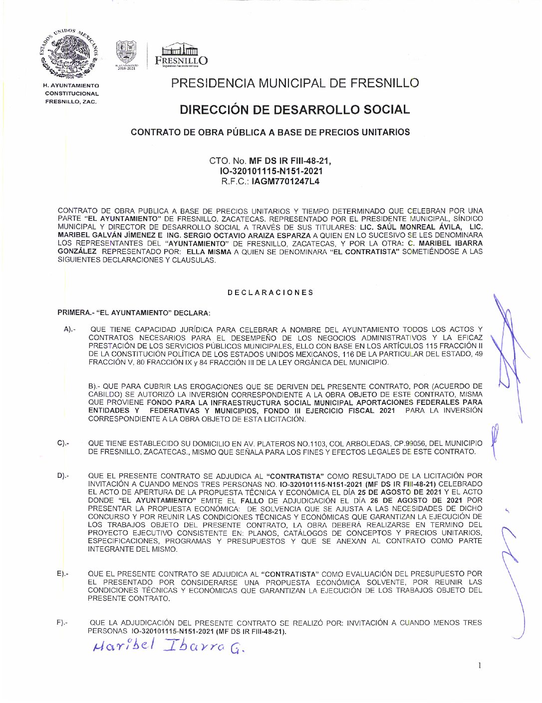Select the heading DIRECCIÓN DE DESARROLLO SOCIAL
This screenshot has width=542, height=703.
(294, 109)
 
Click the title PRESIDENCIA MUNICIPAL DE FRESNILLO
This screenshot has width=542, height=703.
(294, 83)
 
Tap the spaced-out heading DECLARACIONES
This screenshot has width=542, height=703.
(271, 293)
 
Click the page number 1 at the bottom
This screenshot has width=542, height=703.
(480, 665)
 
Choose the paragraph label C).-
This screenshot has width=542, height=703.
(63, 443)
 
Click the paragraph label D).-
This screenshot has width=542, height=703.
(63, 476)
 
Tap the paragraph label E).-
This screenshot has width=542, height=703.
(63, 574)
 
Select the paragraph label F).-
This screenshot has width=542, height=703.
(62, 623)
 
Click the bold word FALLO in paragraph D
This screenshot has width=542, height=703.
(252, 500)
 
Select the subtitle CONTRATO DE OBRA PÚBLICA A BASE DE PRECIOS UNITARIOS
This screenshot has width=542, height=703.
(270, 132)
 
